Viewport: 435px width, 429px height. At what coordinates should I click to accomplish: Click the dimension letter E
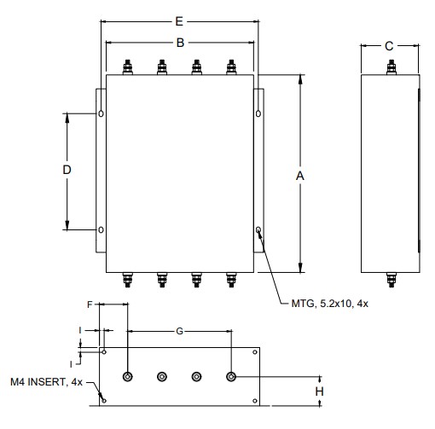click(179, 21)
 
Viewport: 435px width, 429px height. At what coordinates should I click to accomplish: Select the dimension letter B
click(180, 43)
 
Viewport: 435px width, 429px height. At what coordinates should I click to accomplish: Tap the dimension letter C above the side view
click(389, 46)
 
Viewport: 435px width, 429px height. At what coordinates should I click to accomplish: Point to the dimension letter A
click(300, 176)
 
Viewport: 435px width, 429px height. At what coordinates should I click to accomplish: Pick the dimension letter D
click(67, 170)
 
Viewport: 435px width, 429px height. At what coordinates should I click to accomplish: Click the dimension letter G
click(179, 331)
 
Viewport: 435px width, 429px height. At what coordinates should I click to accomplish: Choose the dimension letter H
click(319, 391)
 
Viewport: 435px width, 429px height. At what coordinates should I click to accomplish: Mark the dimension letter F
click(90, 304)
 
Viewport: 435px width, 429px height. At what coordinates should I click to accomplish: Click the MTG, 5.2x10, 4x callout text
click(330, 304)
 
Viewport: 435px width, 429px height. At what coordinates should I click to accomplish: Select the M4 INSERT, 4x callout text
click(46, 382)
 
